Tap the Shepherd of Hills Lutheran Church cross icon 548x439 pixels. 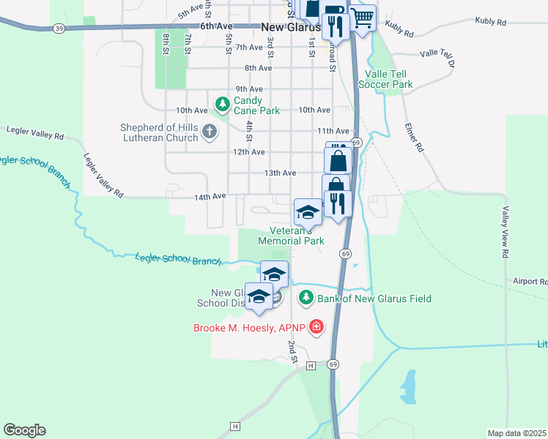click(210, 132)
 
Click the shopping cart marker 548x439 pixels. click(362, 19)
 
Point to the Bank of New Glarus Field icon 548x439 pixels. click(306, 298)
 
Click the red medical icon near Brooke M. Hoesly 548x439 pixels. click(316, 327)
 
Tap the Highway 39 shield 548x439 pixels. click(59, 28)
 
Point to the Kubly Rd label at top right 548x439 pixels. click(491, 22)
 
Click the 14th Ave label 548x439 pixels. click(210, 196)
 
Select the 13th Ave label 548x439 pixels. click(280, 173)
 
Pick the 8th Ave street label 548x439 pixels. click(259, 68)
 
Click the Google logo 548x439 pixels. click(24, 430)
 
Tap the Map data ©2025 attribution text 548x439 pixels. click(516, 433)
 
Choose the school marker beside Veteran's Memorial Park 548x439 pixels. click(308, 212)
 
